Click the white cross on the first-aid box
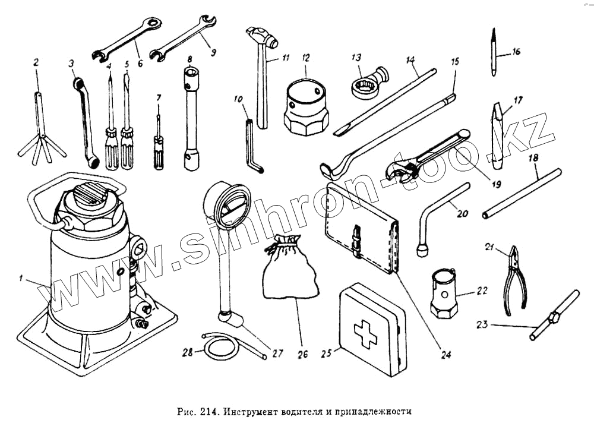365,334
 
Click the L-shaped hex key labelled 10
251,149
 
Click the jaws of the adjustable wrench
399,169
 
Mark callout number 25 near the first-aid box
325,353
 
